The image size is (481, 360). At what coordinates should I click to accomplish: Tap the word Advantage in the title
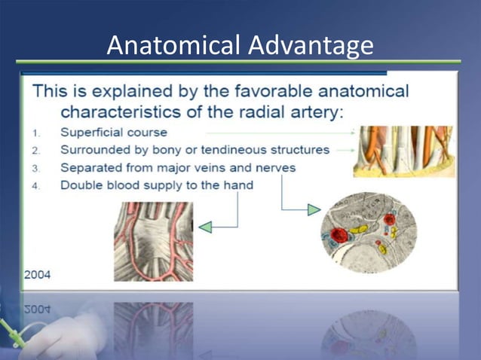(x=310, y=45)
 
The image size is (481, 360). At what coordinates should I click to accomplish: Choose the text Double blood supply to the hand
(x=157, y=185)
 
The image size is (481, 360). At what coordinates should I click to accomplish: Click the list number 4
(x=36, y=185)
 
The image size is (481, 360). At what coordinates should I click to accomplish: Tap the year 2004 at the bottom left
(x=37, y=274)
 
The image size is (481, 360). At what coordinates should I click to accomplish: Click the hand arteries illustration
(x=153, y=240)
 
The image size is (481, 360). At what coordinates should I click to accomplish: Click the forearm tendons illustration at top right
(x=403, y=151)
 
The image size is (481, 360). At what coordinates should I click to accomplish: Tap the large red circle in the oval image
(x=340, y=234)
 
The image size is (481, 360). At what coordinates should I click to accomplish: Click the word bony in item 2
(x=149, y=150)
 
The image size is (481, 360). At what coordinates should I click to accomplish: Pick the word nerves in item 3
(x=274, y=167)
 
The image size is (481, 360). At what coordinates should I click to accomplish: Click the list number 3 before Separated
(x=36, y=168)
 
